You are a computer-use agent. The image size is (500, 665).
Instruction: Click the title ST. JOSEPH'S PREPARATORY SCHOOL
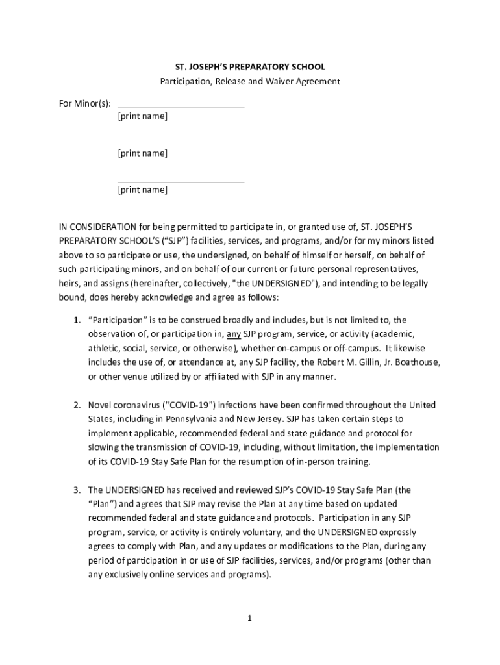click(250, 67)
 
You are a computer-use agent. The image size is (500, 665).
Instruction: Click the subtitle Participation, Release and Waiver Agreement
click(250, 82)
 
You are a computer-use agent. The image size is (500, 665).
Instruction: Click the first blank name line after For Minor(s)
click(181, 106)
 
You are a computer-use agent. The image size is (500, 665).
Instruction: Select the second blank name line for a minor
click(181, 144)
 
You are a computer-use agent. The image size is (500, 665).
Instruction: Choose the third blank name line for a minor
click(181, 181)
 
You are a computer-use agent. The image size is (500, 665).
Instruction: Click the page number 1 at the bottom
click(249, 618)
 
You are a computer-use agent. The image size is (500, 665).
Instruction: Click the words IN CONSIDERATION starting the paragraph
click(97, 227)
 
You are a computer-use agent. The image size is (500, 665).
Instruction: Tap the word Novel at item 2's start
click(100, 405)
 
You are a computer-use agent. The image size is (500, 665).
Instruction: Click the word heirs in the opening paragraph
click(69, 284)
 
